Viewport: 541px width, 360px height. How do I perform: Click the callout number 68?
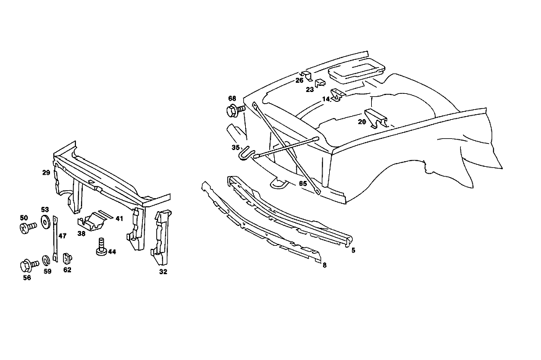pos(232,99)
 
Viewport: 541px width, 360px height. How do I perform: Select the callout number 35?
pos(236,148)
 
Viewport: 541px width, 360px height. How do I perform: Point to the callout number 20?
pos(362,122)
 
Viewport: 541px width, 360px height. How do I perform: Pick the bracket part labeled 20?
pos(377,117)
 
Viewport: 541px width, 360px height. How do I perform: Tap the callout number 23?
pos(310,90)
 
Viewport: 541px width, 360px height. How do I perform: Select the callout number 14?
pos(326,99)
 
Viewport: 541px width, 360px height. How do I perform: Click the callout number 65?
pos(303,184)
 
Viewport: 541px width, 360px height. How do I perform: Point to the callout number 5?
pos(353,250)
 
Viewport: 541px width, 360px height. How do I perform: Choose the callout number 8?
pos(325,265)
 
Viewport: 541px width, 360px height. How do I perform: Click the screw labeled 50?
pos(28,228)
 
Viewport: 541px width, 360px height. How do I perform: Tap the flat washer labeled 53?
pos(45,222)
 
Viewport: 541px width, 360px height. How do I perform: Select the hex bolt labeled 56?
pos(29,266)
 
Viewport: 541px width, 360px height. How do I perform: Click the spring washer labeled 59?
pos(46,261)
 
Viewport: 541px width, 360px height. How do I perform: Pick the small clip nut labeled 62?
pos(67,258)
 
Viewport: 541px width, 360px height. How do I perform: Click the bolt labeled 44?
pos(101,247)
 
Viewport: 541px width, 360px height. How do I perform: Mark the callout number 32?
pos(163,272)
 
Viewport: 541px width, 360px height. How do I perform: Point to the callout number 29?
pos(46,173)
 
